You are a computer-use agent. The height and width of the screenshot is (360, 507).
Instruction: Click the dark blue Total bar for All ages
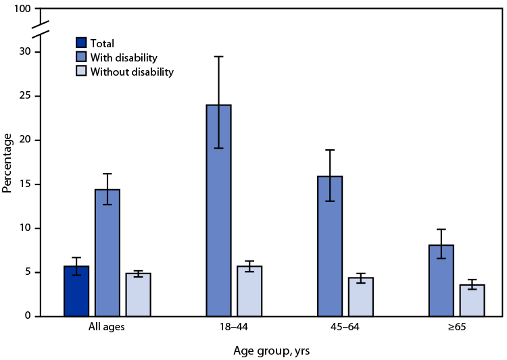pyautogui.click(x=76, y=291)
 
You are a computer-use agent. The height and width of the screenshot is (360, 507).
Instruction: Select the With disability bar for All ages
pyautogui.click(x=107, y=253)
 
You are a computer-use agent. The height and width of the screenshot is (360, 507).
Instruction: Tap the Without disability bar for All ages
pyautogui.click(x=139, y=294)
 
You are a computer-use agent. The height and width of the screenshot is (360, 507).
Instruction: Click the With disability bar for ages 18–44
pyautogui.click(x=219, y=210)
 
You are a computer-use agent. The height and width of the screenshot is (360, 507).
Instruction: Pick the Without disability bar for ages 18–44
pyautogui.click(x=249, y=291)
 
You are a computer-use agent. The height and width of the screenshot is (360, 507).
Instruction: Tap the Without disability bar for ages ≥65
pyautogui.click(x=473, y=300)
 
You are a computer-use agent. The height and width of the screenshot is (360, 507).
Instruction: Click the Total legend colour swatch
pyautogui.click(x=82, y=43)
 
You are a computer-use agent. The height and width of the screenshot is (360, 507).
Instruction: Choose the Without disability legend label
pyautogui.click(x=134, y=72)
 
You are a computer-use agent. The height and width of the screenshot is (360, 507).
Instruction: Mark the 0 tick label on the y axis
pyautogui.click(x=27, y=316)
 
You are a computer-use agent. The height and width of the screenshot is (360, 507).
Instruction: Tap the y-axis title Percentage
pyautogui.click(x=7, y=163)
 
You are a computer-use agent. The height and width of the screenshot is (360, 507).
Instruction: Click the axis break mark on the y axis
pyautogui.click(x=41, y=30)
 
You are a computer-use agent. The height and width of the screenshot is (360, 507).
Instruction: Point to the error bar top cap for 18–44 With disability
pyautogui.click(x=219, y=56)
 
